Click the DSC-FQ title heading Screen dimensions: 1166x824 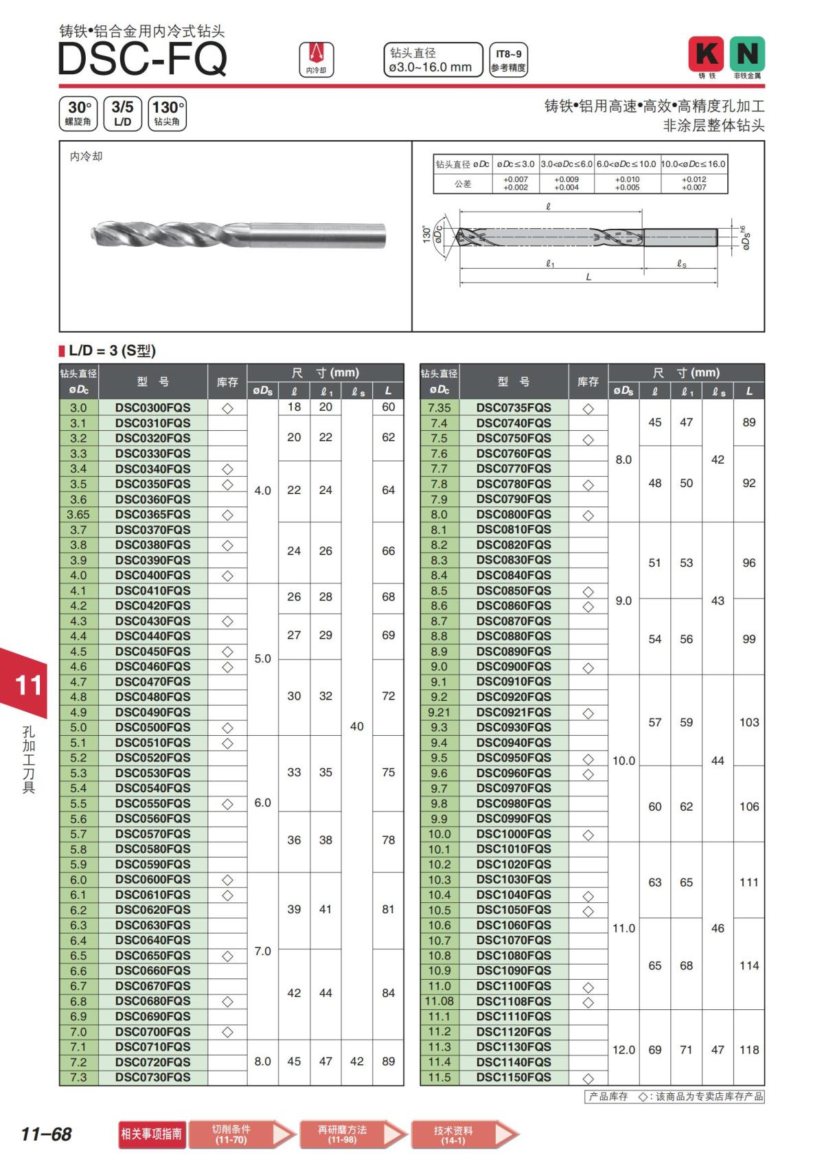pos(142,59)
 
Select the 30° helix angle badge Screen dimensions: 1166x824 pos(79,113)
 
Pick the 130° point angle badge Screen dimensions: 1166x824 pos(167,113)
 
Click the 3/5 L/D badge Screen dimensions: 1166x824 pos(122,113)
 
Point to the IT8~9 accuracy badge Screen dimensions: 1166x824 pos(508,60)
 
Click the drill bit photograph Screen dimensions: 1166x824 pos(238,234)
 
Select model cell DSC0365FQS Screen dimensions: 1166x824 pos(152,515)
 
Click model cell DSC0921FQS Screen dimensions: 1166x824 pos(514,713)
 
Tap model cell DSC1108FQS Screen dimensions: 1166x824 pos(514,1001)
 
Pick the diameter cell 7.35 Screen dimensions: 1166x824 pos(439,407)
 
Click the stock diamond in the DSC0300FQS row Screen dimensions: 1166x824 pos(227,408)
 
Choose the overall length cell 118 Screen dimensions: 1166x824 pos(748,1050)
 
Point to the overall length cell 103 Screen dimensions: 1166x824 pos(748,722)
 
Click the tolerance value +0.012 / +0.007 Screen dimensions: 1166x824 pos(694,183)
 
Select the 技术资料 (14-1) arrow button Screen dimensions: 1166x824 pos(464,1134)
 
